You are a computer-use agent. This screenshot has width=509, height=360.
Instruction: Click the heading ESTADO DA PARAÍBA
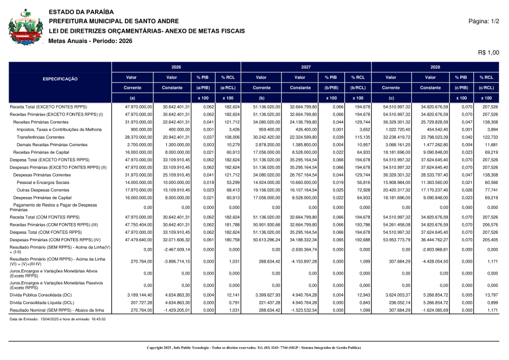point(81,12)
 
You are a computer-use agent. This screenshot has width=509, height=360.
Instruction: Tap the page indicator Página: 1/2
point(484,21)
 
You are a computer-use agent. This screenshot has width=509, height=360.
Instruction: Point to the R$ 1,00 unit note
point(489,52)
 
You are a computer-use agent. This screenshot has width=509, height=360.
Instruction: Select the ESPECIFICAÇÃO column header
point(61,79)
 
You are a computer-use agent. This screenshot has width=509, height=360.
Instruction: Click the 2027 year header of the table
point(306,67)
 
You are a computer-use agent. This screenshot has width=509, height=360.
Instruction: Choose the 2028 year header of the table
point(435,67)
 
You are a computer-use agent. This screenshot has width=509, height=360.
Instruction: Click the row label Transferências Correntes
point(40,137)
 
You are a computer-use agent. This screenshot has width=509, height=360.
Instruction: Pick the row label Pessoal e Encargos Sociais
point(43,183)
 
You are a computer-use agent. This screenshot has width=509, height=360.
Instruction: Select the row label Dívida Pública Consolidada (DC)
point(41,295)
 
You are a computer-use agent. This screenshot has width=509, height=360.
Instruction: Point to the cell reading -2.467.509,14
point(178,249)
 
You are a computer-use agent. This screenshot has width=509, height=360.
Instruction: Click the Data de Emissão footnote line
point(58,319)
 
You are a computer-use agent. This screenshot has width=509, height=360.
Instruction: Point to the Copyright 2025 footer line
point(254,347)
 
